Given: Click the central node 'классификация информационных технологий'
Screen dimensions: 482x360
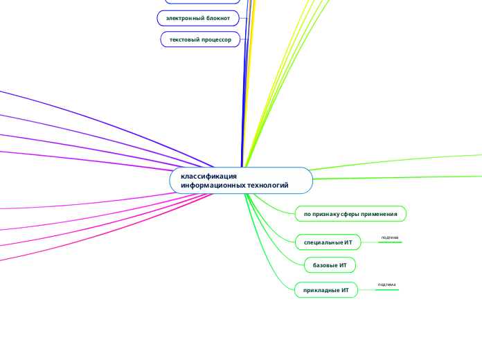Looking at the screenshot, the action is coord(241,181).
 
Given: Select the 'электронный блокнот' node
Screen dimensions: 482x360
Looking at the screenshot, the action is coord(198,18).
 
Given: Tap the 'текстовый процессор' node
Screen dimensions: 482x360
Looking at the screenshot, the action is coord(200,39).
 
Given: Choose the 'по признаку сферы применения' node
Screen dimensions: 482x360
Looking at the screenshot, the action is coord(350,214).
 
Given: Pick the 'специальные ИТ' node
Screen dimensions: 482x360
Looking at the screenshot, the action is coord(328,242).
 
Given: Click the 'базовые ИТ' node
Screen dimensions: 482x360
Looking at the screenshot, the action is coord(330,265).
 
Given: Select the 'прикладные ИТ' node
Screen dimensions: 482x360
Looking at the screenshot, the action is coord(326,290).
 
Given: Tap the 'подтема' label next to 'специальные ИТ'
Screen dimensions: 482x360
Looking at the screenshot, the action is coord(390,237).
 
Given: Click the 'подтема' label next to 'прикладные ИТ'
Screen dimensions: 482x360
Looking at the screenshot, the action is coord(386,285).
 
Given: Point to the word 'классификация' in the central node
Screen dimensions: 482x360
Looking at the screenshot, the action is coord(208,176).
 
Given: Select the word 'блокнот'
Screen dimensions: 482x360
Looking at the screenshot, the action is coord(218,18).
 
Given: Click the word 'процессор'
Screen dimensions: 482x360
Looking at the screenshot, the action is coord(216,39).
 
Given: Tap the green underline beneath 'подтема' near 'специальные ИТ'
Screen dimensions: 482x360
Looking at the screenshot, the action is coord(390,242).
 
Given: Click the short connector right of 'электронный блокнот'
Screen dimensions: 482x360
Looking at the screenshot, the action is coord(243,18).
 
